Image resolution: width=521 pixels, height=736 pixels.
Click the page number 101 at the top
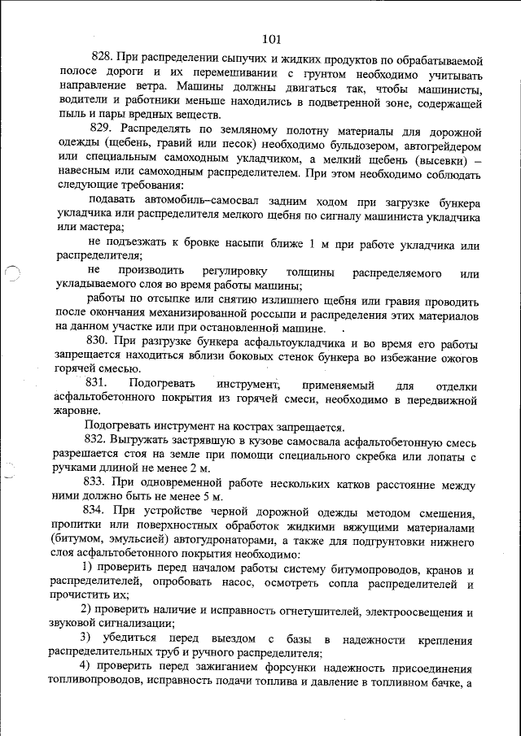[272, 38]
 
